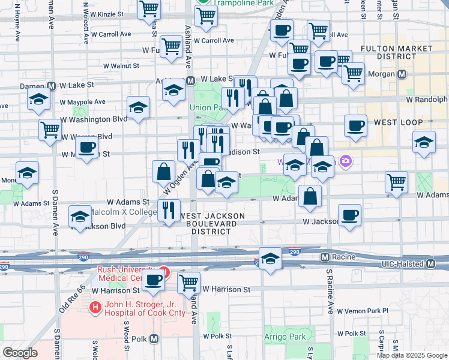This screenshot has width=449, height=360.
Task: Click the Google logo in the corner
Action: (x=20, y=352)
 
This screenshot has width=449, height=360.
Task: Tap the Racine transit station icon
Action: (x=325, y=257)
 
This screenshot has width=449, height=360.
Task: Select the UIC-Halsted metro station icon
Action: (x=430, y=264)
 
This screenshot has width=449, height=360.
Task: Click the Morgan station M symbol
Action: (x=402, y=74)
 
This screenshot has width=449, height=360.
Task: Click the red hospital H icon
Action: (x=94, y=308)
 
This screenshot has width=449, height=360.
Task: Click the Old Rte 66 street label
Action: (x=67, y=300)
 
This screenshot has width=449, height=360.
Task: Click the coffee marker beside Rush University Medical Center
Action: (x=153, y=279)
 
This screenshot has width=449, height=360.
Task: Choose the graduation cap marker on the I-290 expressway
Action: (x=270, y=258)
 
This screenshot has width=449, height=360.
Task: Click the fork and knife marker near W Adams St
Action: (x=168, y=210)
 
